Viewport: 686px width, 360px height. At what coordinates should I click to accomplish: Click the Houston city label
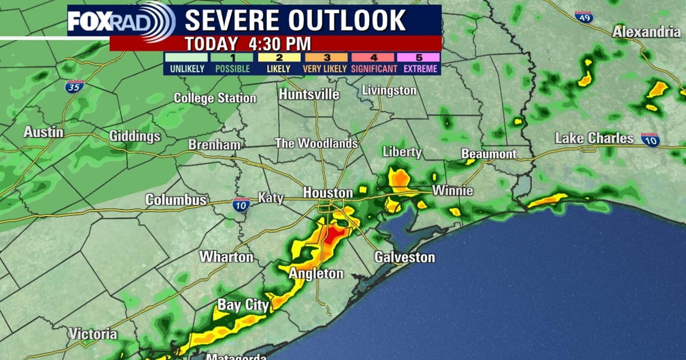pyautogui.click(x=328, y=193)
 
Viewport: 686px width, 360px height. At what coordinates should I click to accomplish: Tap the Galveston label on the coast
pyautogui.click(x=405, y=257)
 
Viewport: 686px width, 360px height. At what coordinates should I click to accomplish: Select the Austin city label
pyautogui.click(x=43, y=132)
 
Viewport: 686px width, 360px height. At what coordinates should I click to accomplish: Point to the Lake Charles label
pyautogui.click(x=595, y=138)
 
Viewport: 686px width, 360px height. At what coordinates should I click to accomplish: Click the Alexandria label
pyautogui.click(x=647, y=32)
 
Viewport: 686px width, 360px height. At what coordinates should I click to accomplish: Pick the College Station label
pyautogui.click(x=215, y=98)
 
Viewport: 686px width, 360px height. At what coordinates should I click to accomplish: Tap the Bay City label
pyautogui.click(x=243, y=305)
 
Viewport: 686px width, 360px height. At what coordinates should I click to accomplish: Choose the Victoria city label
pyautogui.click(x=93, y=334)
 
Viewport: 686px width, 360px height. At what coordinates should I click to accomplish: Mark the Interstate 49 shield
pyautogui.click(x=584, y=17)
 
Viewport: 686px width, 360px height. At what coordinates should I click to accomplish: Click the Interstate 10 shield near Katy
pyautogui.click(x=241, y=205)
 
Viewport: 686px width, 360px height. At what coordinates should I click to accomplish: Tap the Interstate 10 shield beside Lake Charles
pyautogui.click(x=650, y=140)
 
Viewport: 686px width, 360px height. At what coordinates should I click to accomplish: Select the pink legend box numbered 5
pyautogui.click(x=418, y=57)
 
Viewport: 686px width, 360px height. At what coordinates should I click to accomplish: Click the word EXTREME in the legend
pyautogui.click(x=418, y=69)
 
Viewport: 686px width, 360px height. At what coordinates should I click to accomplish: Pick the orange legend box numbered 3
pyautogui.click(x=326, y=57)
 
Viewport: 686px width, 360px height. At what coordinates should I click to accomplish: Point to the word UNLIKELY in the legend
pyautogui.click(x=186, y=69)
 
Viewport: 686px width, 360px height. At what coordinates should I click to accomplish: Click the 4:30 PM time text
pyautogui.click(x=280, y=43)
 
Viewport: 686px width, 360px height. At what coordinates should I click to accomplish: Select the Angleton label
pyautogui.click(x=316, y=274)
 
